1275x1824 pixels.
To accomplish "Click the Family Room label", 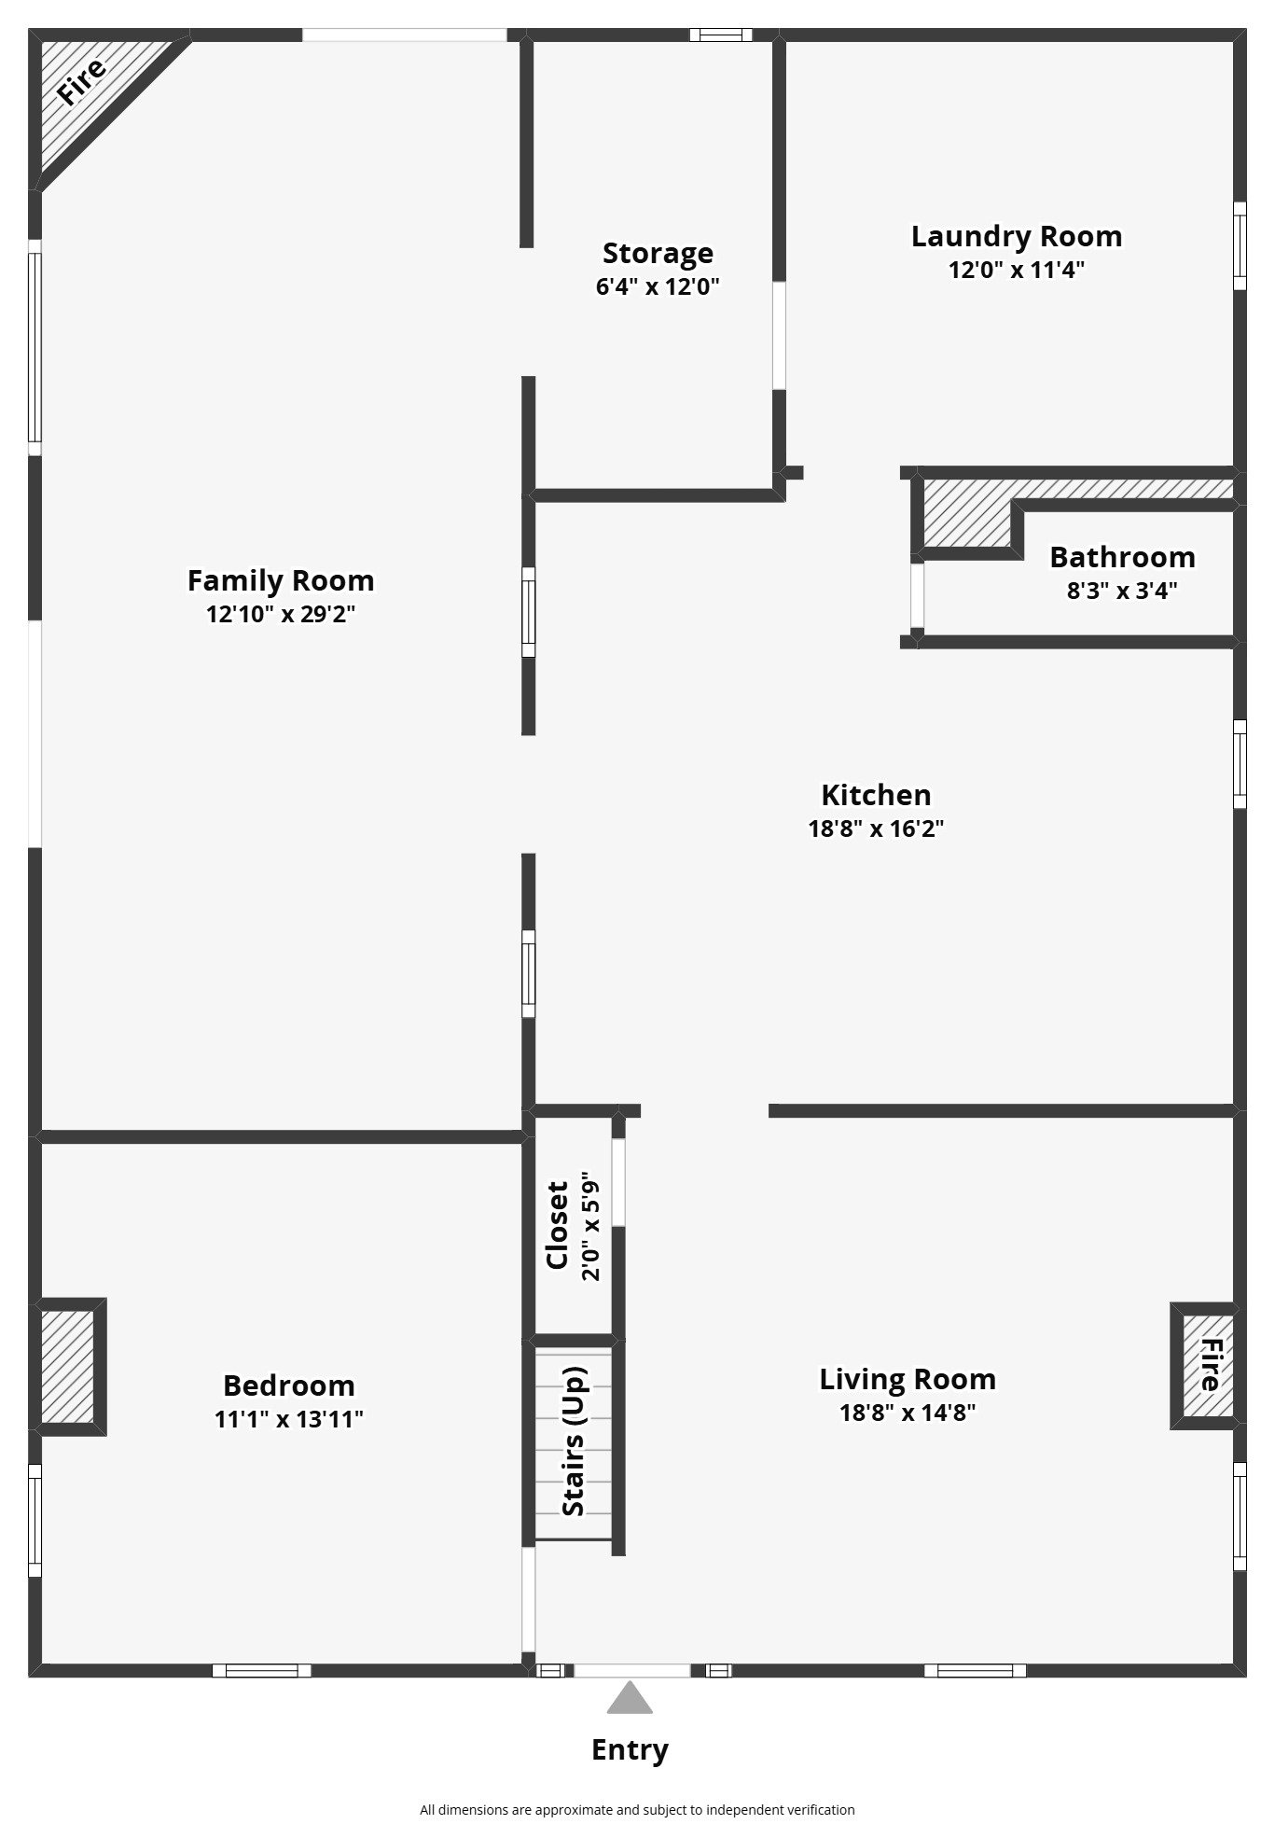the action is click(281, 580).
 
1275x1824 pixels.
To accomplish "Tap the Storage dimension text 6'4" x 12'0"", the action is click(658, 285).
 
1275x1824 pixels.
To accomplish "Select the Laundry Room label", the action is click(1017, 237).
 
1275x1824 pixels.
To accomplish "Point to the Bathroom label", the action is click(1122, 557).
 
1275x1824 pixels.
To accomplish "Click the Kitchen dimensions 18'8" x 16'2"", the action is click(876, 828).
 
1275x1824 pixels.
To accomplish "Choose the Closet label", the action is click(558, 1225).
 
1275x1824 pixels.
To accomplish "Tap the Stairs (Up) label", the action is click(575, 1441).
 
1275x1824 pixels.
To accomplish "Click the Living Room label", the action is click(908, 1379).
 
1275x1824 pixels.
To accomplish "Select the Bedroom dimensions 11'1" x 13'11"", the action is click(289, 1419).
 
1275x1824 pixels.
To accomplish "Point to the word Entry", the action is click(630, 1750).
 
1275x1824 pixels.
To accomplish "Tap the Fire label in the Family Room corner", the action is click(82, 80).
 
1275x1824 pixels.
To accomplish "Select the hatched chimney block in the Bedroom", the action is click(68, 1367).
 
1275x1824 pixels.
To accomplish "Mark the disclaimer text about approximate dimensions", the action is click(637, 1809).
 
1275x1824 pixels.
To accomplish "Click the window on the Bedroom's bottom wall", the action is click(261, 1670).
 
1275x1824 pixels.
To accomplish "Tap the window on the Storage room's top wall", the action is click(721, 35).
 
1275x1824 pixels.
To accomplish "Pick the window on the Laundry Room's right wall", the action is click(1240, 246).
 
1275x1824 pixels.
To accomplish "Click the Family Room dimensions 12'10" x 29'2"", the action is click(281, 614).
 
